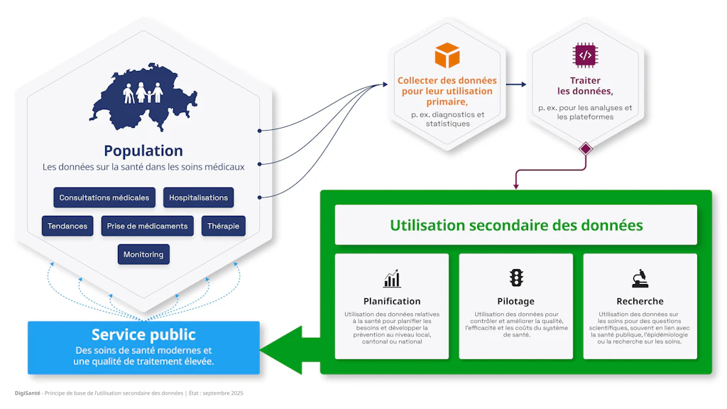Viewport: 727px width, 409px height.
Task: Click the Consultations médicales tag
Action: [x=104, y=197]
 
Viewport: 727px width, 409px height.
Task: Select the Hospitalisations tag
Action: [x=199, y=197]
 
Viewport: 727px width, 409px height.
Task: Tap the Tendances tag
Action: [x=67, y=226]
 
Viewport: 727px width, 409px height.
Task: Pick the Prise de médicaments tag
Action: [x=147, y=226]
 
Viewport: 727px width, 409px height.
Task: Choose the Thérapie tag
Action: [x=223, y=226]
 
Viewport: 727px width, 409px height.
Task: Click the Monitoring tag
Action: [x=143, y=254]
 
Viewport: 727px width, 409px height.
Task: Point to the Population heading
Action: [x=143, y=151]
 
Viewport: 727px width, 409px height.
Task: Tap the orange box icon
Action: [x=447, y=55]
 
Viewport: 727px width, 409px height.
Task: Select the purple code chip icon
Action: [x=585, y=55]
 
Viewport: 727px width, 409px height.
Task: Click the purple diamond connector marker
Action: [x=586, y=149]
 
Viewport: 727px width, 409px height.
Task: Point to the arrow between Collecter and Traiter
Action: [x=516, y=84]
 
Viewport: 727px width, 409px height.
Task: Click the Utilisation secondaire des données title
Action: [x=516, y=225]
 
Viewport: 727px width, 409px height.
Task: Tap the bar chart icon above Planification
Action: [x=392, y=278]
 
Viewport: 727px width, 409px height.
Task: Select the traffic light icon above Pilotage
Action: [x=516, y=278]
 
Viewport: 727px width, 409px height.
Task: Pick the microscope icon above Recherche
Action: [x=640, y=278]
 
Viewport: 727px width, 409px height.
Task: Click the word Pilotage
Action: [x=516, y=301]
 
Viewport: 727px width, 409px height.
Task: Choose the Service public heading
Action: [x=143, y=334]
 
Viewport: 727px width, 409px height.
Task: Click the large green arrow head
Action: [x=280, y=348]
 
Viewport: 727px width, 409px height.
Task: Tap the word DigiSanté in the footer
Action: [x=27, y=393]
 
